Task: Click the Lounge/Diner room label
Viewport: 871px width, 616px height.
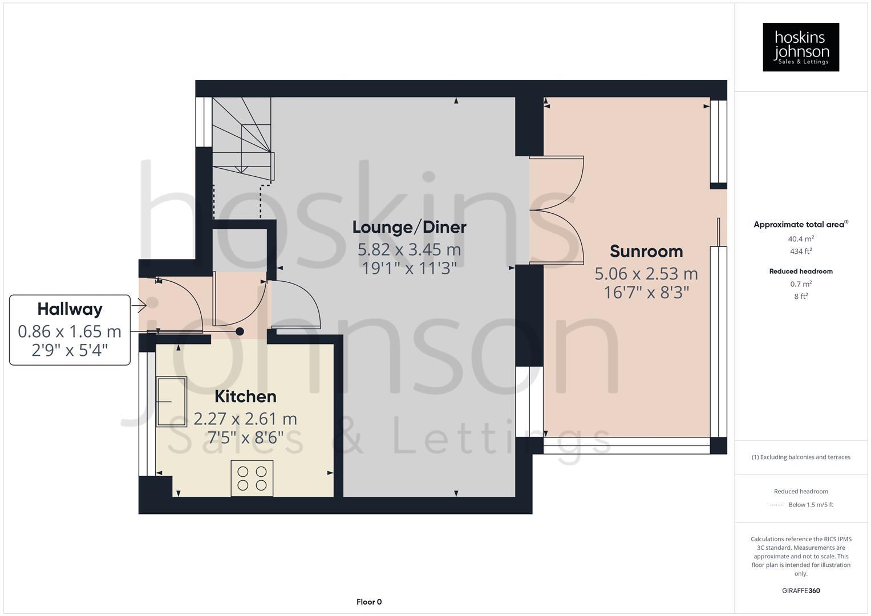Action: click(x=409, y=227)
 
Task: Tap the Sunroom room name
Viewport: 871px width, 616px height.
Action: click(x=646, y=252)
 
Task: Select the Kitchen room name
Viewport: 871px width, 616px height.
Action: click(x=245, y=396)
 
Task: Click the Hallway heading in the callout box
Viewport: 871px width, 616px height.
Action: click(x=70, y=309)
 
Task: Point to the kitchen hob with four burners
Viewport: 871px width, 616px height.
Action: click(x=252, y=478)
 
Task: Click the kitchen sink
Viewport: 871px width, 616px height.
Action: click(x=172, y=402)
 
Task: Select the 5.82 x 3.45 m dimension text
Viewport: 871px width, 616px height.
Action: click(x=409, y=250)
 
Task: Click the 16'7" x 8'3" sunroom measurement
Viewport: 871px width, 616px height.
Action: click(x=646, y=293)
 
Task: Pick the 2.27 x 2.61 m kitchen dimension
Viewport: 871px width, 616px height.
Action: click(x=245, y=419)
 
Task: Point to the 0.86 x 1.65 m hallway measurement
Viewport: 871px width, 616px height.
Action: click(x=70, y=331)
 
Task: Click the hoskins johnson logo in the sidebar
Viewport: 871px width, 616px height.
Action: click(x=800, y=47)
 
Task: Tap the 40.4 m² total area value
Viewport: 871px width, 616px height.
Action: click(x=800, y=239)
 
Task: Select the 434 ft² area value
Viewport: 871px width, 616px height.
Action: click(x=800, y=251)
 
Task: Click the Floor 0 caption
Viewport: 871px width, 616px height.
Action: click(x=368, y=602)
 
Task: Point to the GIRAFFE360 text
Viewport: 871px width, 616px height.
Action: click(x=800, y=591)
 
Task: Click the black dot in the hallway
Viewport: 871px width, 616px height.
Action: click(x=240, y=331)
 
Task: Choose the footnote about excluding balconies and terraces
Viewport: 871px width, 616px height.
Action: click(x=800, y=457)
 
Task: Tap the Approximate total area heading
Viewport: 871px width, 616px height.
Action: click(x=800, y=225)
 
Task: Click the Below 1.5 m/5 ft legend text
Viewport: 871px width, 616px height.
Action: click(x=810, y=505)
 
